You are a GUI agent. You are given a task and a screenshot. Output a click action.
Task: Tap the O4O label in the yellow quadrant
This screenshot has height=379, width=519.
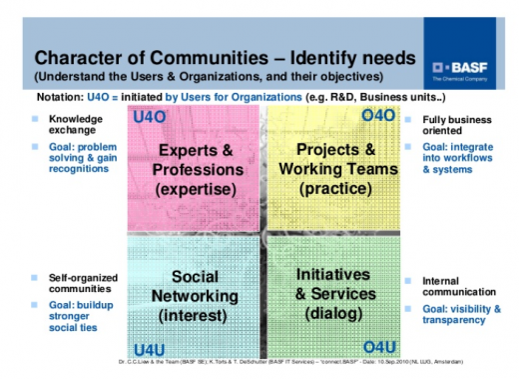coord(378,118)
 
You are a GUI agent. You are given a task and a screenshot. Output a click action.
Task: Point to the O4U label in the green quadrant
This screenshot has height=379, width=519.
coord(379,346)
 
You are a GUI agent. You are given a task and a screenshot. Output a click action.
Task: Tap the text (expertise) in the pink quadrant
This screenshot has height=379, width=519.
coord(196,188)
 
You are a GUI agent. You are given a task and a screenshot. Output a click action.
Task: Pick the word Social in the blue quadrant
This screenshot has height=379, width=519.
coord(196,276)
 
